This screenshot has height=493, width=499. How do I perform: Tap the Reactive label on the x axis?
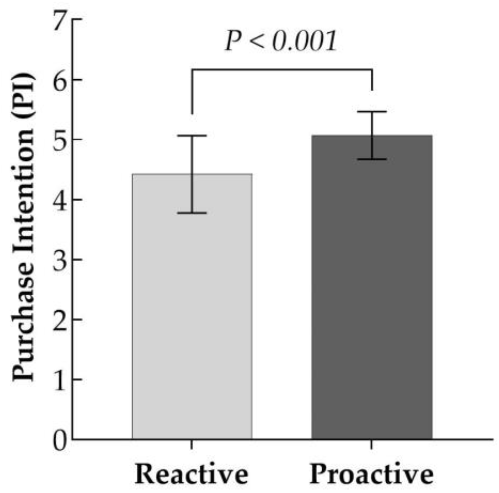(192, 474)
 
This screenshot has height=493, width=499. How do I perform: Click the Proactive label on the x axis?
(372, 474)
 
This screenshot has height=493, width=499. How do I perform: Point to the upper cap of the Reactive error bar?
(192, 136)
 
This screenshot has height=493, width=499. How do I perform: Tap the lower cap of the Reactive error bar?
(192, 213)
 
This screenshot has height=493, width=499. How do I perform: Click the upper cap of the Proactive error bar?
(372, 112)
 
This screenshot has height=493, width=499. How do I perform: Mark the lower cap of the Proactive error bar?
(372, 159)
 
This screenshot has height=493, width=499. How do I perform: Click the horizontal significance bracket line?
(282, 69)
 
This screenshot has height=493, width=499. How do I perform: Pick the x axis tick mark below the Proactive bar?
(372, 445)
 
